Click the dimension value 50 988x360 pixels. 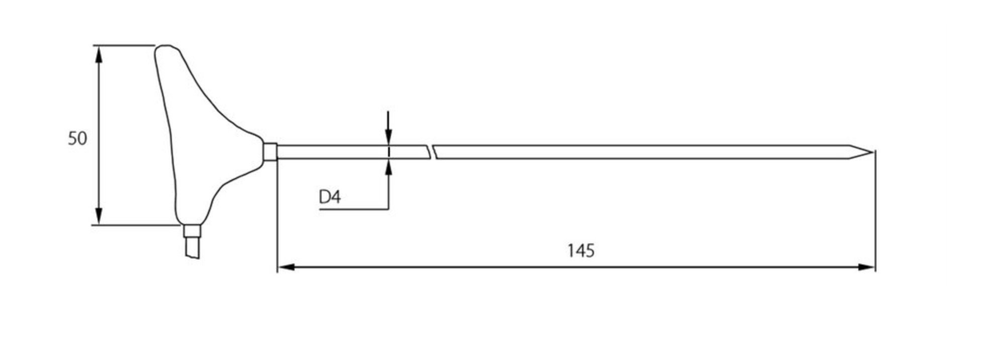77,138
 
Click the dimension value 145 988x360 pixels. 580,250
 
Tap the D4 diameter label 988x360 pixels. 330,197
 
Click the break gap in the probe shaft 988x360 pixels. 432,152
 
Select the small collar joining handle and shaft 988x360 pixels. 270,151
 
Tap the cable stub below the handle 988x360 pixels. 192,248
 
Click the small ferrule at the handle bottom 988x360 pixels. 191,231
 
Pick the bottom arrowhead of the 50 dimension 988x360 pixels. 98,216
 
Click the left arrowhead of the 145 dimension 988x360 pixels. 286,267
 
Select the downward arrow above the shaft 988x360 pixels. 388,136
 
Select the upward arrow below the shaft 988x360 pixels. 388,168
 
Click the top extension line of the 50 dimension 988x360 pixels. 124,45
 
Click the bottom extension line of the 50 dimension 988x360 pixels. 136,225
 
